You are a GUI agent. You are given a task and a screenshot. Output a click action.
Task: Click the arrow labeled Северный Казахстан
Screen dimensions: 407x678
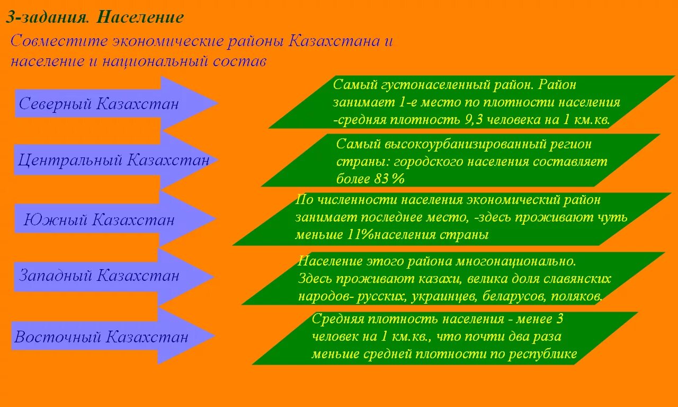[x=106, y=103]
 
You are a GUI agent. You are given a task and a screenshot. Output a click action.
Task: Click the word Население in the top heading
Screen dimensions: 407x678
[x=141, y=17]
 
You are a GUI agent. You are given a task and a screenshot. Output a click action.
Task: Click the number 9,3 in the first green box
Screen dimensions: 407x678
[x=475, y=120]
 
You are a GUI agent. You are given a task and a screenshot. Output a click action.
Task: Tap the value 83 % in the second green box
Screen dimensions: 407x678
[x=389, y=179]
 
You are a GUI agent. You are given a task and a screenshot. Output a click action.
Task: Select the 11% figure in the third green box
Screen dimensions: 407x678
[x=360, y=235]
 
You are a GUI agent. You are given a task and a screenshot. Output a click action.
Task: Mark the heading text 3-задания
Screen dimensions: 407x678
[x=48, y=17]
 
